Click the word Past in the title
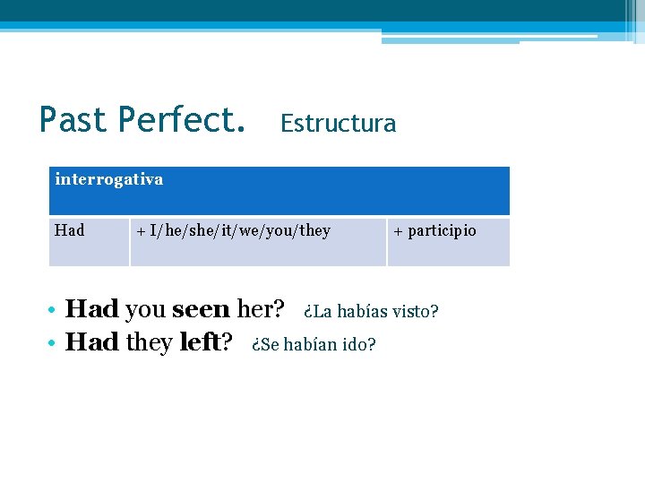point(73,119)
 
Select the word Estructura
point(338,124)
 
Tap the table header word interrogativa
point(109,179)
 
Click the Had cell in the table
point(70,231)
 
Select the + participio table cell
point(434,231)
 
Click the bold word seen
point(201,309)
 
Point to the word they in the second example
point(149,342)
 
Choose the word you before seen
point(145,309)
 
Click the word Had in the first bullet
point(92,309)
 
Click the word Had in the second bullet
point(92,342)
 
